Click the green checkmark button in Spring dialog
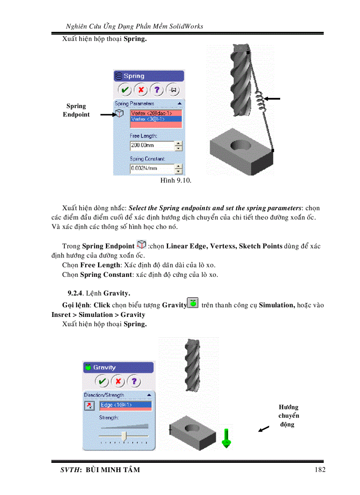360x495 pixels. (x=125, y=90)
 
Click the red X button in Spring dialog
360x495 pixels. (x=141, y=90)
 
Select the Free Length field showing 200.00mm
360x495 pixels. (x=151, y=145)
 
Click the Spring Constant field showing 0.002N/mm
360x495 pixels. (x=151, y=168)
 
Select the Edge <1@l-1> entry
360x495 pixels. (x=125, y=405)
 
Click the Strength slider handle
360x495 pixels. (x=124, y=436)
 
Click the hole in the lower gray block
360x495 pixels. (x=193, y=427)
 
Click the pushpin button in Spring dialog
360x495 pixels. (x=173, y=90)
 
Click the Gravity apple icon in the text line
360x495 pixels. (x=192, y=303)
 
